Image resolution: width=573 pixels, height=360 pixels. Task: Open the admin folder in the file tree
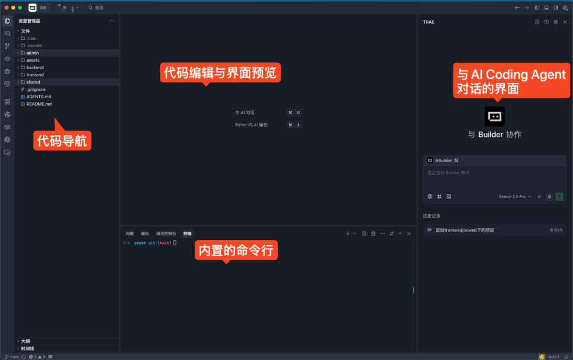(33, 53)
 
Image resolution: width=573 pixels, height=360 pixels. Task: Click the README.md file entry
(39, 104)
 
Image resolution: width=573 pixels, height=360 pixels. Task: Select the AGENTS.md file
(39, 97)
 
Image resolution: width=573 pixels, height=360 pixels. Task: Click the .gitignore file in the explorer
(36, 90)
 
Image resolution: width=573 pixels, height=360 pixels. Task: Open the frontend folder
(35, 75)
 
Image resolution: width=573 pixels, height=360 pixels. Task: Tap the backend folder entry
(35, 67)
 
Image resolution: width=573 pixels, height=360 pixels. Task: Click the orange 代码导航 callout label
(62, 141)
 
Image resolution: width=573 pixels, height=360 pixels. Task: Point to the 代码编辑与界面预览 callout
(220, 73)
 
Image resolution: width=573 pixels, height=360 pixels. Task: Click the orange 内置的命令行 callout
(236, 250)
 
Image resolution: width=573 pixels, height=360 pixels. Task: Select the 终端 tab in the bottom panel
(187, 234)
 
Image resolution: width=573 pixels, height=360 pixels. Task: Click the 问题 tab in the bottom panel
(129, 234)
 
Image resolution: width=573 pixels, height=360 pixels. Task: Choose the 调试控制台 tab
(166, 234)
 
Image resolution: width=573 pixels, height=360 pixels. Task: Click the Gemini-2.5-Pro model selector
(514, 196)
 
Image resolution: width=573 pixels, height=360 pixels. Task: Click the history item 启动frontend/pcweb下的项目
(465, 230)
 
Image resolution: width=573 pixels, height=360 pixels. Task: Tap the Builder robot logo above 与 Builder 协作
(494, 116)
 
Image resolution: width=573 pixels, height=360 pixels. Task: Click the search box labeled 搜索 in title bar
(99, 8)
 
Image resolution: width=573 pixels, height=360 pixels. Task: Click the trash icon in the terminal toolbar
(374, 234)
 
